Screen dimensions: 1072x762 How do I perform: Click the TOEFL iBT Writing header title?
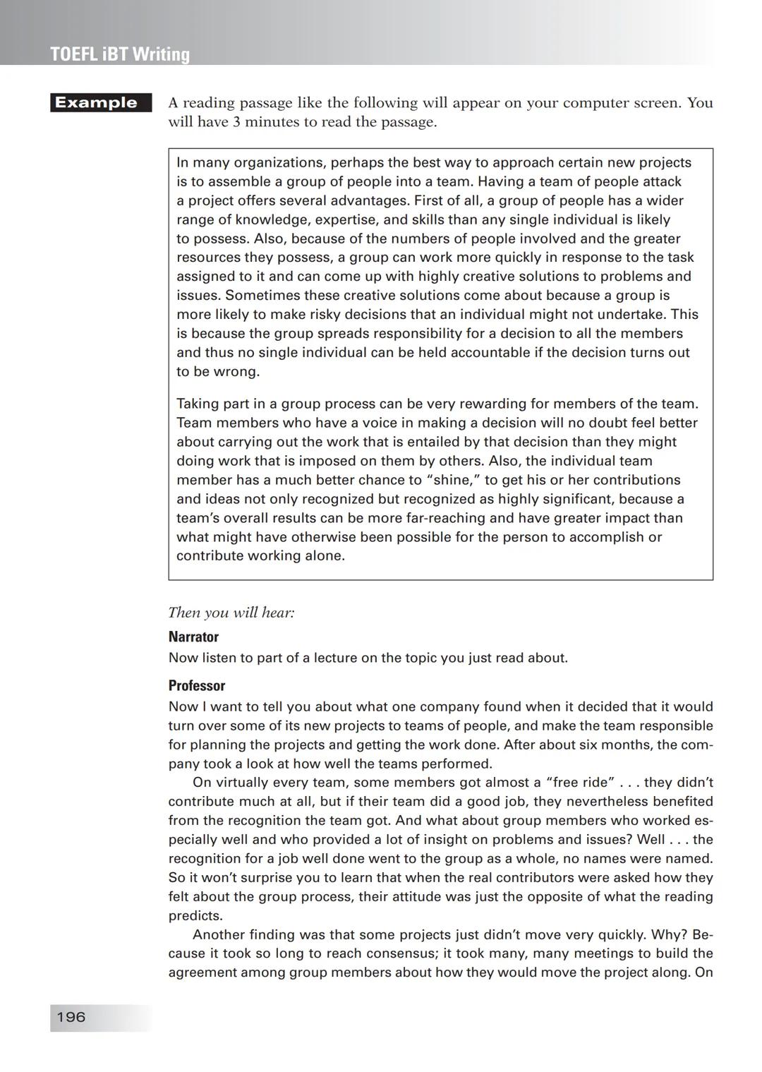click(x=120, y=54)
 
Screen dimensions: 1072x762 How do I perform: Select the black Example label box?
click(x=101, y=103)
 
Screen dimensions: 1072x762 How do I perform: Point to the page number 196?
click(x=71, y=1017)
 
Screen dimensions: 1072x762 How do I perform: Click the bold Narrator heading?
click(x=193, y=637)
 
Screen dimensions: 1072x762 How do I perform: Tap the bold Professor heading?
click(x=197, y=685)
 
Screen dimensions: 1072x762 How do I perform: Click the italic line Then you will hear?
click(x=231, y=613)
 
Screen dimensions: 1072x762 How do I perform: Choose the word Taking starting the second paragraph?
click(x=198, y=404)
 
